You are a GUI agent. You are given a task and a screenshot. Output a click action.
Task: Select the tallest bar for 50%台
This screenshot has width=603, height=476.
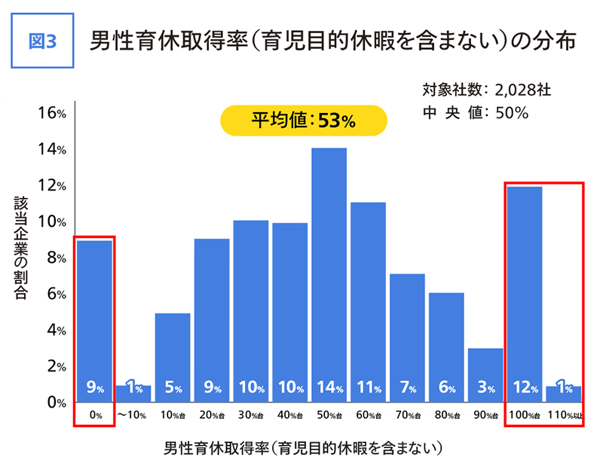pyautogui.click(x=329, y=271)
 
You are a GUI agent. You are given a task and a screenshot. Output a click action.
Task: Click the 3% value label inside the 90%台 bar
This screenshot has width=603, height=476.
pyautogui.click(x=486, y=389)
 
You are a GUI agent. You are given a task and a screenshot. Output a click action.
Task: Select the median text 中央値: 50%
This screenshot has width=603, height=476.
pyautogui.click(x=476, y=113)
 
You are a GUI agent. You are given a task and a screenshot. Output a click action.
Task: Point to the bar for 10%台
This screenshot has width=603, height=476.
pyautogui.click(x=173, y=354)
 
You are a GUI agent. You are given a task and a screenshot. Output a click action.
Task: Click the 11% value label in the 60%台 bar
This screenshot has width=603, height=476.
pyautogui.click(x=369, y=389)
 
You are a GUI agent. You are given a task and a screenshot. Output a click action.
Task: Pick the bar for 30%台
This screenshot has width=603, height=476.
pyautogui.click(x=251, y=309)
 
